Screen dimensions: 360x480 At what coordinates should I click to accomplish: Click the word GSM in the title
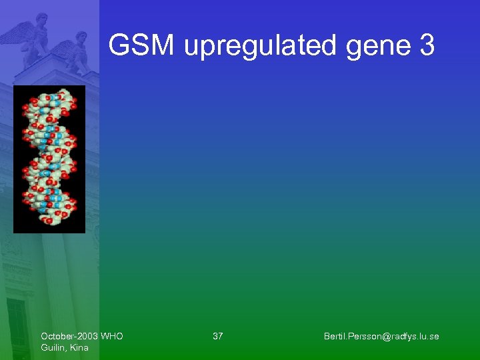(142, 46)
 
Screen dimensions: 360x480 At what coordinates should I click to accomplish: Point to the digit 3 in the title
(427, 46)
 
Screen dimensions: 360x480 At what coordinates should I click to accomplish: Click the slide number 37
(218, 336)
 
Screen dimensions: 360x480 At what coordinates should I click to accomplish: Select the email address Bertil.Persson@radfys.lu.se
(381, 336)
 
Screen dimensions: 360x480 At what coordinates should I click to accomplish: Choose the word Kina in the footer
(79, 347)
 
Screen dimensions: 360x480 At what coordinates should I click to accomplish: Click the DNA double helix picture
(49, 159)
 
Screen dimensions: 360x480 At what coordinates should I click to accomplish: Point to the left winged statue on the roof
(33, 37)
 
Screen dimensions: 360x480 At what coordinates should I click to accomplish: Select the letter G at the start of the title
(118, 46)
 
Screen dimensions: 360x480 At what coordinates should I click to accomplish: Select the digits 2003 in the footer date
(85, 336)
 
